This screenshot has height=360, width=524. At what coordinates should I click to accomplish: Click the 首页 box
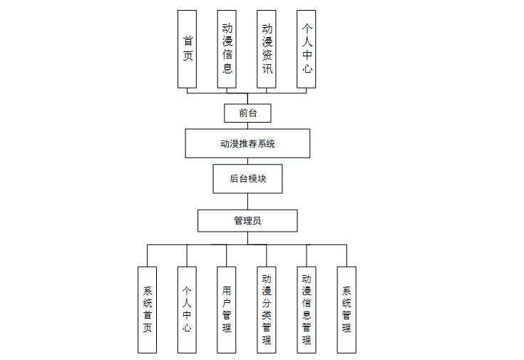(187, 48)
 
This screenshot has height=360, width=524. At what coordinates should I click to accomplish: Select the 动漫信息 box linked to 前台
(227, 48)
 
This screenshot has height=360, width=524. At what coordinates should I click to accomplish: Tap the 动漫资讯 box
(267, 48)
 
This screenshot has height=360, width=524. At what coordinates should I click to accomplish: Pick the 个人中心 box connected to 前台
(307, 48)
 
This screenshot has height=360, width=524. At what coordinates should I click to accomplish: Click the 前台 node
(247, 113)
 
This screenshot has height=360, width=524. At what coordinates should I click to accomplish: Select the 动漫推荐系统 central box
(247, 143)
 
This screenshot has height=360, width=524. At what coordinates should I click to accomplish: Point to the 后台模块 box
(247, 179)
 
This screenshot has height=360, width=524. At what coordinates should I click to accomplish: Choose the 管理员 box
(247, 220)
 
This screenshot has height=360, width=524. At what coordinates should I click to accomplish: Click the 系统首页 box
(148, 309)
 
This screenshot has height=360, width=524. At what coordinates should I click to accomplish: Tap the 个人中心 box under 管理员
(187, 309)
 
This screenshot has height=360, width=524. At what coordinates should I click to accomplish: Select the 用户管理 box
(227, 309)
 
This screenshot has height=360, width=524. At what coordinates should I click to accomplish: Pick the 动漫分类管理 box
(267, 309)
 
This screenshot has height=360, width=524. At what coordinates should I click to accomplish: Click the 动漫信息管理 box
(307, 309)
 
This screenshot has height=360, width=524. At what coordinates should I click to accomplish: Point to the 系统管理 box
(346, 309)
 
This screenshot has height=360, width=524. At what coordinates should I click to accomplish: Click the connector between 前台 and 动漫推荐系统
(247, 125)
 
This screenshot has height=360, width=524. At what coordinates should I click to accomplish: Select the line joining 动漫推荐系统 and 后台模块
(247, 161)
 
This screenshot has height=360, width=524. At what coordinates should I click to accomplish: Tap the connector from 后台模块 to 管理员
(247, 201)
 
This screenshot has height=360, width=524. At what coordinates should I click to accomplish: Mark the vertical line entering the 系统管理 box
(346, 256)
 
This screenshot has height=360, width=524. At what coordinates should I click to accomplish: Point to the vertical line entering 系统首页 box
(148, 256)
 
